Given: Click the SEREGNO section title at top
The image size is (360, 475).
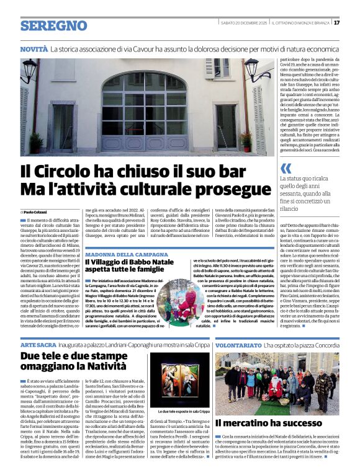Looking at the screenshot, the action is click(53, 26).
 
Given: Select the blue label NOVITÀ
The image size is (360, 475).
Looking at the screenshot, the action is click(34, 48).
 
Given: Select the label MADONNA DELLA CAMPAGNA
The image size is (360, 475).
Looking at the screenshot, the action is click(122, 254).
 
